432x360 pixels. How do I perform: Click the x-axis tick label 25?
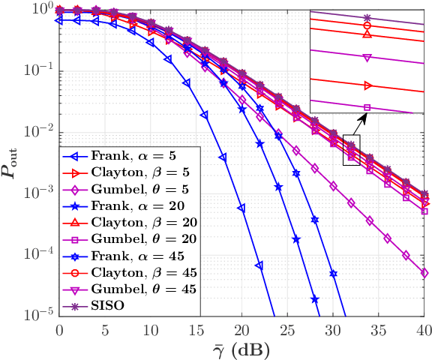tap(287, 329)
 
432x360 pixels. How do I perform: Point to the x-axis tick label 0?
tap(59, 329)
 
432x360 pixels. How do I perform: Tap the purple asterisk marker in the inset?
tap(367, 17)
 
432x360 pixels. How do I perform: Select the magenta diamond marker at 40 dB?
tap(424, 273)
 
